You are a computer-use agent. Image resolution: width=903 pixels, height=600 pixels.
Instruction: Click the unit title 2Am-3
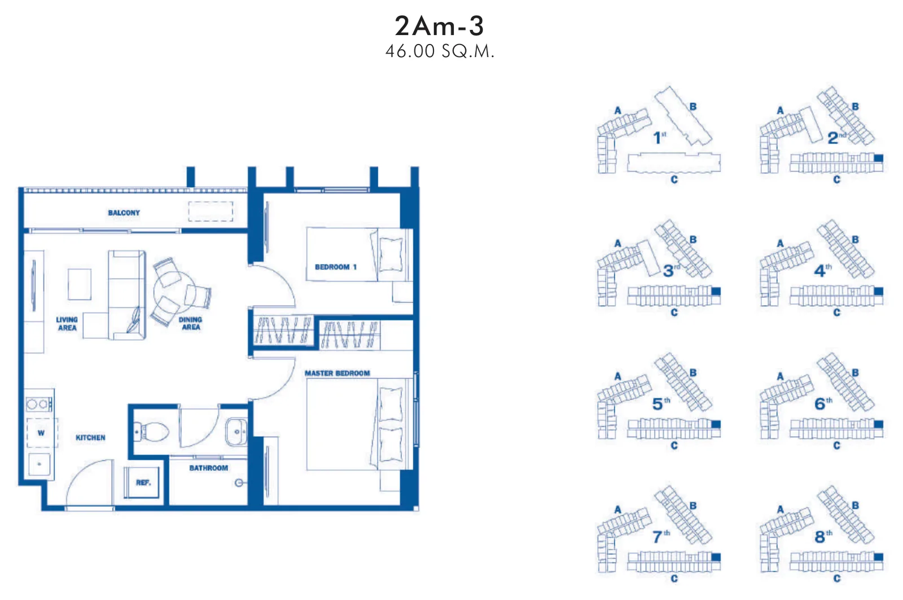coord(439,26)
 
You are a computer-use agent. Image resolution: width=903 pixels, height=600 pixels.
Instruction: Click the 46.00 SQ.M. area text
coord(440,51)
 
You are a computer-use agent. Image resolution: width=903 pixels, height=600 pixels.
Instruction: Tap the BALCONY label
coord(124,213)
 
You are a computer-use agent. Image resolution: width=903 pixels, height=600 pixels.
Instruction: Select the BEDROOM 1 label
coord(336,267)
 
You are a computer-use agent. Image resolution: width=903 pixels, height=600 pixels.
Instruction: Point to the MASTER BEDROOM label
coord(337,373)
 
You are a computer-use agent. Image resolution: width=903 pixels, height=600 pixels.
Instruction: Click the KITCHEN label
coord(90,438)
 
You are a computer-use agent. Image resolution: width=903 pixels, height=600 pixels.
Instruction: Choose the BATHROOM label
coord(208,468)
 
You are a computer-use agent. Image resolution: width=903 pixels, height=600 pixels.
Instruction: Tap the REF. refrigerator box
coord(142,482)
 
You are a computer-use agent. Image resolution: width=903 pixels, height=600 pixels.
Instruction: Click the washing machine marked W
coord(42,433)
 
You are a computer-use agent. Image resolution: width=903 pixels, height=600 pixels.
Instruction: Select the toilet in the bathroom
coord(151,432)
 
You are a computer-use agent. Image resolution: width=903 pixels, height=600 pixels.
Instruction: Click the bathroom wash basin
coord(236,432)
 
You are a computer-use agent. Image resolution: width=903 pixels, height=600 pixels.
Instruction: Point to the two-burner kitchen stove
coord(39,404)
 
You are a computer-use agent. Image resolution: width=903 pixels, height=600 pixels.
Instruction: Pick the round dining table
coord(174,292)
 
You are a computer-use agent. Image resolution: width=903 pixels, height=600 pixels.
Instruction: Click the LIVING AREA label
coord(67,324)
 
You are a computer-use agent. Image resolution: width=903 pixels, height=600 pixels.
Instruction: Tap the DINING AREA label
coord(191,323)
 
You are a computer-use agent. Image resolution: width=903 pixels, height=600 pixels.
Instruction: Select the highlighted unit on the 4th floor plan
coord(878,291)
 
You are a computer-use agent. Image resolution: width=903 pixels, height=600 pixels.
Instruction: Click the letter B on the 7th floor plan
coord(693,505)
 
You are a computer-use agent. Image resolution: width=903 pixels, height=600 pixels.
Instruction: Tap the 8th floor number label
coord(823,536)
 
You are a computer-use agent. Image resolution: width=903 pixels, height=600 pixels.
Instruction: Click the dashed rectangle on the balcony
coord(211,211)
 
